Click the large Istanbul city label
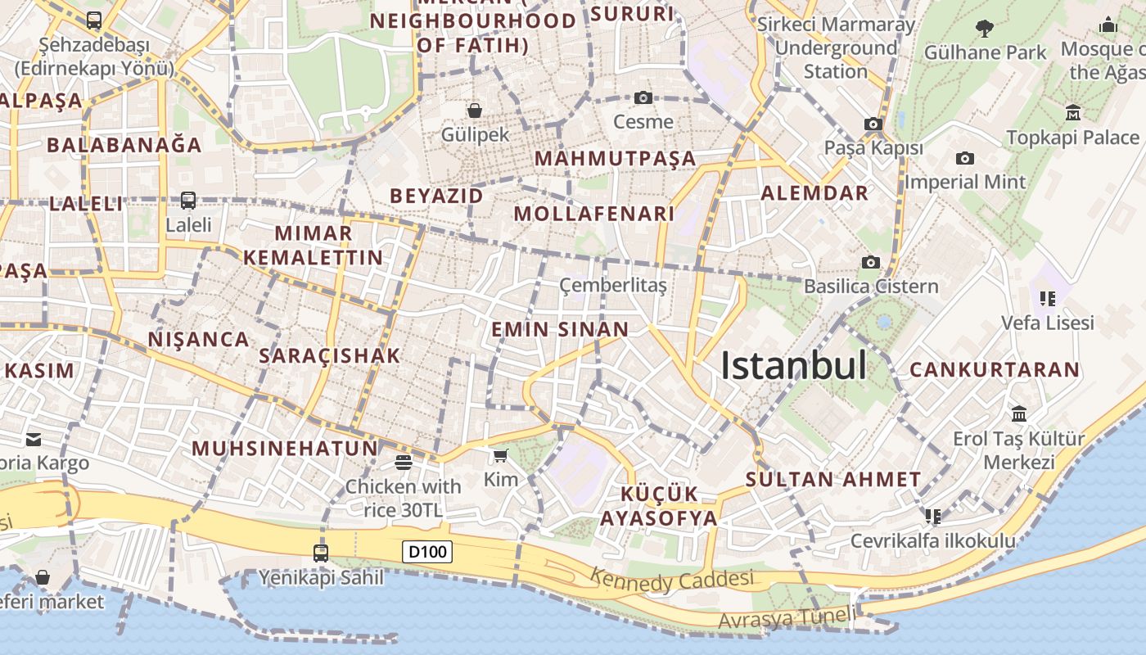(x=792, y=366)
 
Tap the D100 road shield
(x=427, y=552)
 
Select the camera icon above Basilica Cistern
(x=870, y=262)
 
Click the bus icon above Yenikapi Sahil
(x=321, y=553)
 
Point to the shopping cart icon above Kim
(x=500, y=455)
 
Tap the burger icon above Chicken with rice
(x=403, y=463)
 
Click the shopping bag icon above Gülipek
(x=474, y=111)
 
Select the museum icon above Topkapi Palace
(x=1073, y=112)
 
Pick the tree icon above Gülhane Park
(x=985, y=29)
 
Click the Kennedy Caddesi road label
(x=671, y=580)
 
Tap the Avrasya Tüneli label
(x=786, y=618)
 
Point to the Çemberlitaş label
(x=613, y=285)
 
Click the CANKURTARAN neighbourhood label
(x=995, y=369)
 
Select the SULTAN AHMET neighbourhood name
(x=833, y=479)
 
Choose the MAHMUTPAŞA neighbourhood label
(x=615, y=158)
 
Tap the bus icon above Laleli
(x=188, y=201)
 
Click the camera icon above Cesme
(x=643, y=98)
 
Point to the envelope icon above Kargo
(x=34, y=440)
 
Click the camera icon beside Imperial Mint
(x=965, y=158)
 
